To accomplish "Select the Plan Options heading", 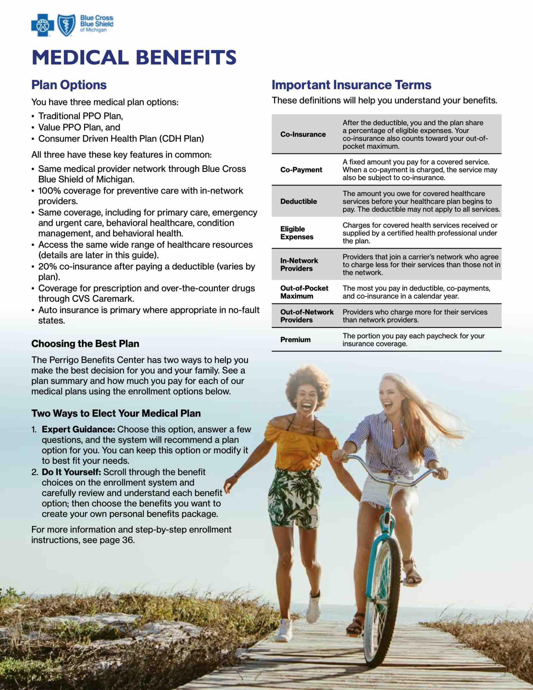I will pos(69,85).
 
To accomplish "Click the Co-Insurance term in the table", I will pos(303,134).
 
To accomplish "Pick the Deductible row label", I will pos(298,201).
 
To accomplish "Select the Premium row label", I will pos(295,340).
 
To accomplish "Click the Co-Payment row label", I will pos(301,170).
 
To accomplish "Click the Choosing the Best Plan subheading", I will pos(85,344).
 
